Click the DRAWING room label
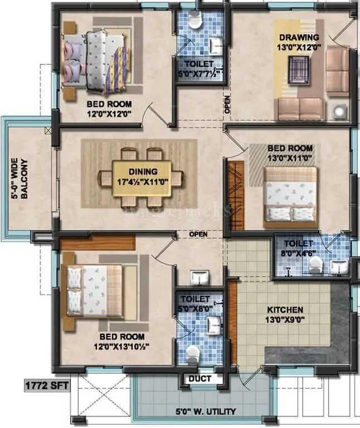[x=299, y=37]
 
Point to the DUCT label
[x=199, y=378]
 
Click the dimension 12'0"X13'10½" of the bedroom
[x=121, y=346]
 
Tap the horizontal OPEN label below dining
[x=198, y=234]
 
